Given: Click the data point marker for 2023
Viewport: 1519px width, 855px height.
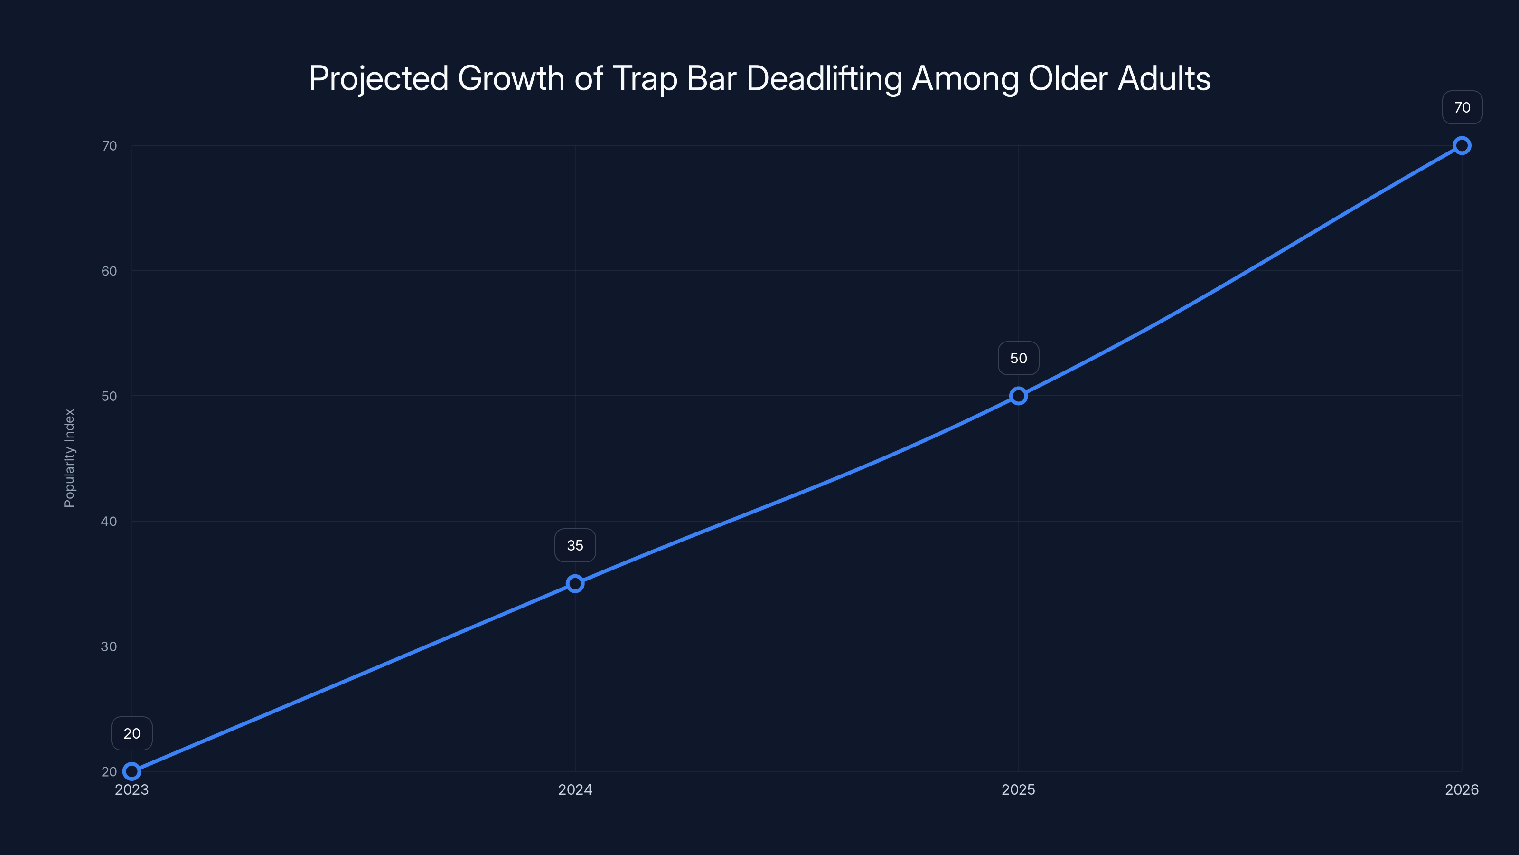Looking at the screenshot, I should (131, 771).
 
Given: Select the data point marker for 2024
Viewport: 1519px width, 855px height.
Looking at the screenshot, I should (575, 584).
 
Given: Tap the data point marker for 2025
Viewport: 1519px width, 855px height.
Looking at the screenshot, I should (1018, 396).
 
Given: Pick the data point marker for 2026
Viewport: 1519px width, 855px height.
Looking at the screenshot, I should (1462, 146).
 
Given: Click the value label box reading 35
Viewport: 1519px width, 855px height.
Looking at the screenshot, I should (575, 545).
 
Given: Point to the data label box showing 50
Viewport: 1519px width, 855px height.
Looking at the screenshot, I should (1018, 358).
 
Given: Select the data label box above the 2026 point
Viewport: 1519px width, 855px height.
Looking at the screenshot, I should (1462, 107).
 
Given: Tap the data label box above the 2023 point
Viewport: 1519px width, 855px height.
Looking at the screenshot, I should (131, 733).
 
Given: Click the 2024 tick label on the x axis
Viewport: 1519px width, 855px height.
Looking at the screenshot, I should (575, 789).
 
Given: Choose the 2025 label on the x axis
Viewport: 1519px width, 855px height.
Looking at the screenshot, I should (1018, 789).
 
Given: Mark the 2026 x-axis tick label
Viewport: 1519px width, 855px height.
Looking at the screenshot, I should (1462, 789).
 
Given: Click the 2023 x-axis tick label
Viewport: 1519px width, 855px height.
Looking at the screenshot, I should (131, 789).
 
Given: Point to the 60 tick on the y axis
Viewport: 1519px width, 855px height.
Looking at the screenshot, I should (109, 271).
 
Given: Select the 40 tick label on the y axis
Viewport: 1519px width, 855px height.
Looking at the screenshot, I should (109, 521).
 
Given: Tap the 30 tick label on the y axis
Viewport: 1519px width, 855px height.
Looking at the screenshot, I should (109, 646).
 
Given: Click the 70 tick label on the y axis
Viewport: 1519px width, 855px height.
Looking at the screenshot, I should (109, 146).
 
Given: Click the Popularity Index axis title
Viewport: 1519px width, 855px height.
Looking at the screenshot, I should (70, 458).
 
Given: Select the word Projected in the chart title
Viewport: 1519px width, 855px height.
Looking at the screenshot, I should (378, 78).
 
